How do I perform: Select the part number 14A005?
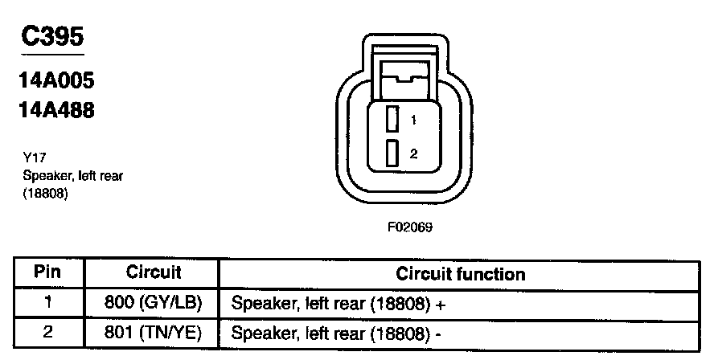[x=56, y=81]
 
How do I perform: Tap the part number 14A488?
[x=56, y=110]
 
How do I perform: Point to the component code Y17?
[x=34, y=159]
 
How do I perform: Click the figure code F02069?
[x=410, y=227]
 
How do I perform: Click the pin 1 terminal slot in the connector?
[x=392, y=120]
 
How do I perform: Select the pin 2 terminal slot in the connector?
[x=392, y=153]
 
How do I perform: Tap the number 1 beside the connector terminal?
[x=412, y=121]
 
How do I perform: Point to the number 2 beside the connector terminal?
[x=412, y=153]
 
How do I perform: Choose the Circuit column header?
[x=154, y=273]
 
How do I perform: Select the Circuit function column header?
[x=460, y=274]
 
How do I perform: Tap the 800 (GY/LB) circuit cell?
[x=154, y=304]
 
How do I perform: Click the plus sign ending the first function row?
[x=441, y=305]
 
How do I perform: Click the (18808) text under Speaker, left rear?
[x=44, y=194]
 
